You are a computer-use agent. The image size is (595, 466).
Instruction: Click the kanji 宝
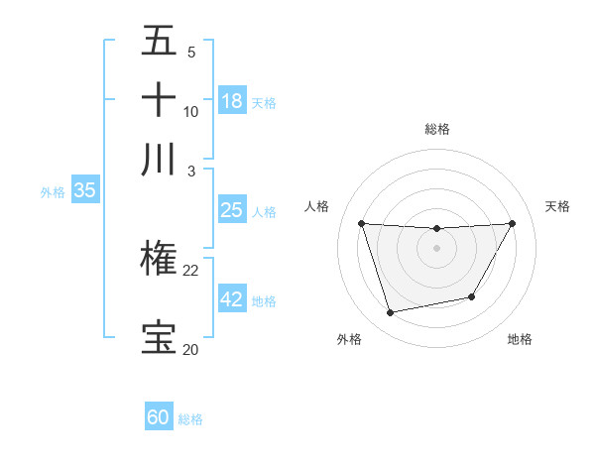coord(159,337)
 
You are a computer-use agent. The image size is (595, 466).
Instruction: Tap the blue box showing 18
coord(232,100)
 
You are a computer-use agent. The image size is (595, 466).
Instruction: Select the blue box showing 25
coord(232,210)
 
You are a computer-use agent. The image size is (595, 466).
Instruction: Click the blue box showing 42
coord(232,299)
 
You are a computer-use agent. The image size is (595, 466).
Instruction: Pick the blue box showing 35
coord(84,190)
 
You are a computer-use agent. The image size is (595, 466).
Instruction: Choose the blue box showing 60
coord(159,417)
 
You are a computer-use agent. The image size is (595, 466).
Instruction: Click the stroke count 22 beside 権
coord(191,270)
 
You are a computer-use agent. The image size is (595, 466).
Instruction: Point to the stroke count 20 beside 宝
coord(191,349)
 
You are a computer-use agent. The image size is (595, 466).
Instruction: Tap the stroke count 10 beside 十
coord(191,111)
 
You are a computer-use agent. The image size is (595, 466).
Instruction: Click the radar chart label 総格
coord(437,129)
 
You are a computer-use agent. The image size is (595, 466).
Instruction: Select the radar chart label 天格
coord(557,206)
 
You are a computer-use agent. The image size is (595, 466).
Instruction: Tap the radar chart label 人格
coord(317,206)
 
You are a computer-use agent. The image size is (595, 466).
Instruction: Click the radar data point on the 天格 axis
coord(513,223)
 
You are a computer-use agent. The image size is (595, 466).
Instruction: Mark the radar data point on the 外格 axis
coord(391,312)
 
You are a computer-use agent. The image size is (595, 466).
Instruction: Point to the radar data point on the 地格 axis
coord(472,296)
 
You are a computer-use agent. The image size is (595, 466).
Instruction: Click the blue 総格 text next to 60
coord(190,419)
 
